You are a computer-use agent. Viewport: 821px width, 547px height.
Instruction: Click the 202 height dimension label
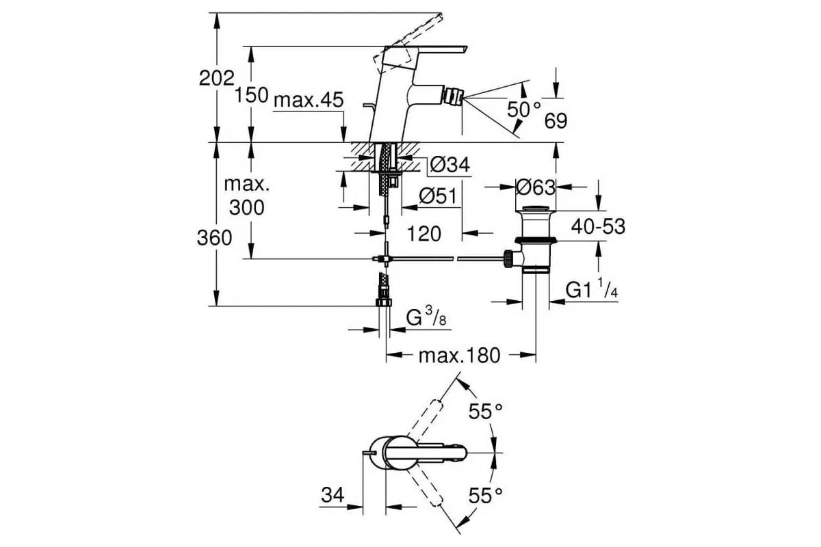pos(216,79)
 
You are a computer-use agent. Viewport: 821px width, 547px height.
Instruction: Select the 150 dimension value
pos(252,96)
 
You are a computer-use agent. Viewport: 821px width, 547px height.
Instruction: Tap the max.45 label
pos(309,100)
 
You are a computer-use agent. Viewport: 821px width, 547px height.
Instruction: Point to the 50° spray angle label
pos(524,109)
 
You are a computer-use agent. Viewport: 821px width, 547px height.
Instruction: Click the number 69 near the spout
pos(556,121)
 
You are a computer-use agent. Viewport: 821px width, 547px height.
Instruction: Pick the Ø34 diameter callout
pos(449,165)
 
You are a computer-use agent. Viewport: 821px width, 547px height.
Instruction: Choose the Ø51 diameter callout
pos(439,196)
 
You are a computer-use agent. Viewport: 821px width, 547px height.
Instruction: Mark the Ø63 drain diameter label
pos(536,187)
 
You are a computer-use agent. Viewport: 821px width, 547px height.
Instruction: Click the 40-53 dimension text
pos(598,226)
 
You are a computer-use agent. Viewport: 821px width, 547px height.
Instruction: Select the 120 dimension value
pos(424,234)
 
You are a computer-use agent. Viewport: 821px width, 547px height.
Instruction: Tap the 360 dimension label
pos(214,238)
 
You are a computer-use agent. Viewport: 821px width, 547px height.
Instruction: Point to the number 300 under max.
pos(247,207)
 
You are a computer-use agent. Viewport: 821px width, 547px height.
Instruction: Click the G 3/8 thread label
pos(426,317)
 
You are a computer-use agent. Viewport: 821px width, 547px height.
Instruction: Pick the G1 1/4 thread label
pos(592,289)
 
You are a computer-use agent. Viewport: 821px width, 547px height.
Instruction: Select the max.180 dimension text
pos(459,355)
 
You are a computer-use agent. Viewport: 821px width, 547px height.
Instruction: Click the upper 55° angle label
pos(486,412)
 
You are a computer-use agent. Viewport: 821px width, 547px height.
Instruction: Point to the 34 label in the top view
pos(333,494)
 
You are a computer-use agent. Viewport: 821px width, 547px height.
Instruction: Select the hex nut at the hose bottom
pos(383,302)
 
